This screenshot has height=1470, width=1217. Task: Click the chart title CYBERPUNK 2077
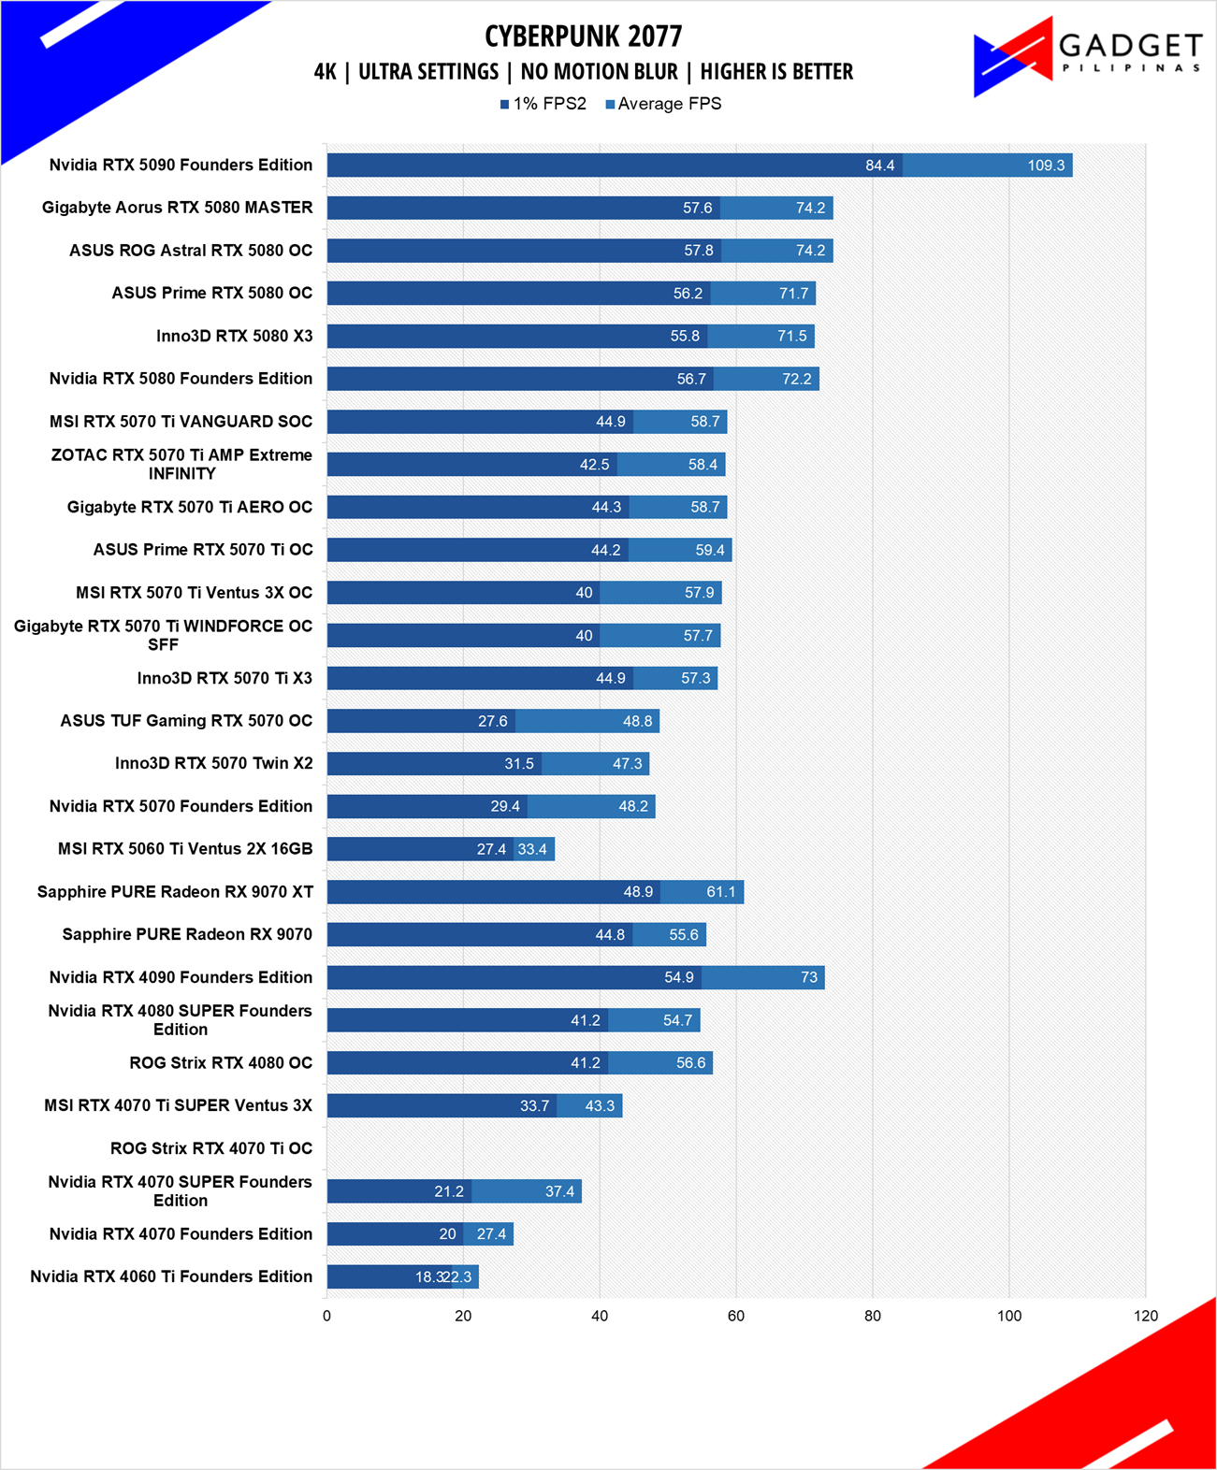click(583, 36)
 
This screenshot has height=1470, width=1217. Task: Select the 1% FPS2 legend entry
click(543, 104)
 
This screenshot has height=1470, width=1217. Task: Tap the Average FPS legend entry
click(663, 104)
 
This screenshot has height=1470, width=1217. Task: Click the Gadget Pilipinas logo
click(1087, 57)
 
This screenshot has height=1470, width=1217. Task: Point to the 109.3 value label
click(1046, 166)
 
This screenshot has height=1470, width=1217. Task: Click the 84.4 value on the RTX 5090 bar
click(879, 166)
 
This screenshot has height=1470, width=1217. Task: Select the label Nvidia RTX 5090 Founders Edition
click(181, 165)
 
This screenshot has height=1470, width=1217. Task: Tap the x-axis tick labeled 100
click(1008, 1316)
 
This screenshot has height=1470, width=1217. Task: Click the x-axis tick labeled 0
click(326, 1316)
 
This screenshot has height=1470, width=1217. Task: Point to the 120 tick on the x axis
click(1145, 1316)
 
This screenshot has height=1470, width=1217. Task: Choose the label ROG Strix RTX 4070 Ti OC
click(211, 1148)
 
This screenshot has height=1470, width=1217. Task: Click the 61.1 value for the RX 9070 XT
click(720, 892)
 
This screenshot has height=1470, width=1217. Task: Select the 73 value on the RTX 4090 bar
click(809, 977)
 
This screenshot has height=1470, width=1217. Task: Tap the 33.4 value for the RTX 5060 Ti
click(531, 849)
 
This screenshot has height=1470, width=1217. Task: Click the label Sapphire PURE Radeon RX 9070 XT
click(175, 892)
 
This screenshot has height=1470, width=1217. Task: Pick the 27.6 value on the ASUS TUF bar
click(492, 721)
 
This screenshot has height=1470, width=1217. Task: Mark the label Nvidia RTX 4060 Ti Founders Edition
click(171, 1276)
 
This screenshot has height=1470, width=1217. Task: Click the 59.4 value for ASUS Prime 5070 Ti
click(710, 550)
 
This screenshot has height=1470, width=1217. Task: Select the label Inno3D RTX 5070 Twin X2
click(213, 763)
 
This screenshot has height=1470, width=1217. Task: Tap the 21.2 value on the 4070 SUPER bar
click(449, 1191)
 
